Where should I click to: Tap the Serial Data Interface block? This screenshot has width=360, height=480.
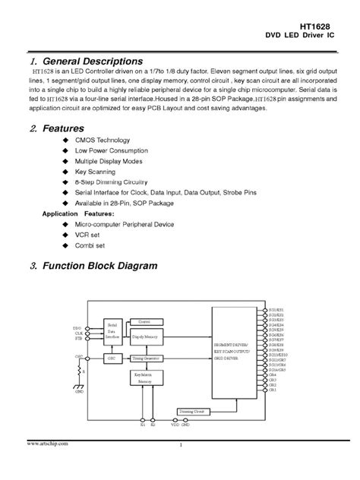[x=112, y=331]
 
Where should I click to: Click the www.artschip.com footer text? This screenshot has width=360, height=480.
[x=48, y=443]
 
